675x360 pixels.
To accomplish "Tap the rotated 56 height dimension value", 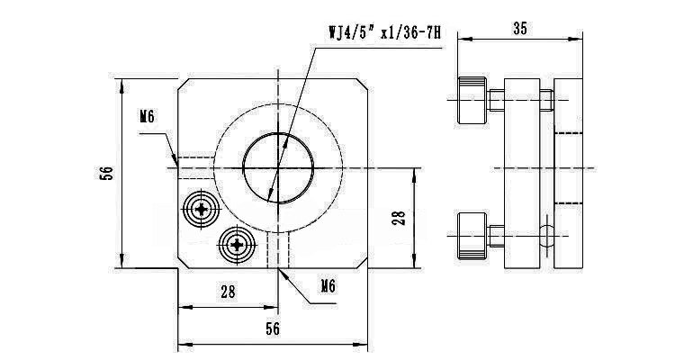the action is [x=106, y=173].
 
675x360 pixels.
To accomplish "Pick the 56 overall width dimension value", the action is [x=273, y=329].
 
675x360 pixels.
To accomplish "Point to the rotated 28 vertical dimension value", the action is [x=400, y=217].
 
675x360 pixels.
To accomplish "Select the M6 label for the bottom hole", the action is [x=328, y=286].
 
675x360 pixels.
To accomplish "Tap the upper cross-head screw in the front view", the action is [x=200, y=211].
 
